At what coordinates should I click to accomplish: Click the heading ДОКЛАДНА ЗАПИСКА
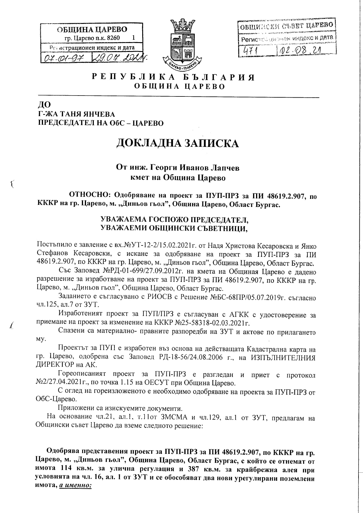pyautogui.click(x=177, y=143)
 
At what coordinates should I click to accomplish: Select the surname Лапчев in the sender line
pyautogui.click(x=223, y=168)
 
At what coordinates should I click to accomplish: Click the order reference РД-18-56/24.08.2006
pyautogui.click(x=192, y=357)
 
